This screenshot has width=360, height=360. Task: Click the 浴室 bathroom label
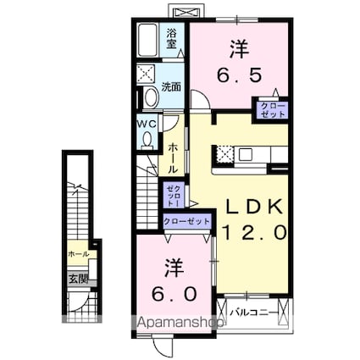tap(172, 36)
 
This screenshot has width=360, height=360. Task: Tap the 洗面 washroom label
tap(172, 86)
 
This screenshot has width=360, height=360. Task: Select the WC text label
tap(147, 122)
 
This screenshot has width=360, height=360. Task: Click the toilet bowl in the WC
tap(147, 138)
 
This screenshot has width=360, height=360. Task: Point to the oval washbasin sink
tap(150, 97)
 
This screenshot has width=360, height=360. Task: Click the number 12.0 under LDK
tap(253, 231)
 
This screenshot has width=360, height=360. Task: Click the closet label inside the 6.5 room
tap(273, 108)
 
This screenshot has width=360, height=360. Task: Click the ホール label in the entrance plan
tap(78, 253)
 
